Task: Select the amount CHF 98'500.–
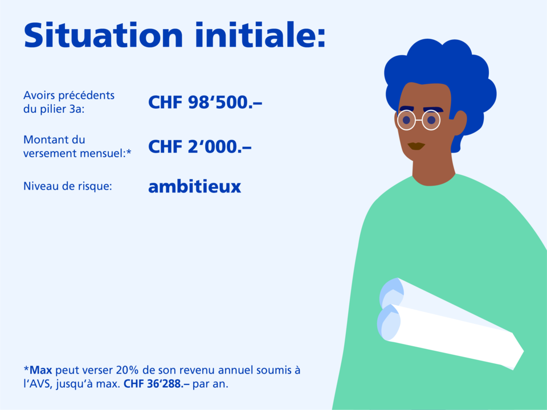205,102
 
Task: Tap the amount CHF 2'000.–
199,146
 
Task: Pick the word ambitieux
195,186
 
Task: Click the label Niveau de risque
68,186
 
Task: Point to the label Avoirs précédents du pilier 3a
69,102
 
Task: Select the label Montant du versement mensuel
75,146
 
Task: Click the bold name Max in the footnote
41,370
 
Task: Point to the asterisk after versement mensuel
129,151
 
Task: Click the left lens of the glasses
406,120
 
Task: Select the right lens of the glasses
431,120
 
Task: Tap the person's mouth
416,146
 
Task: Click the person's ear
459,123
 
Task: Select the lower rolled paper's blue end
389,322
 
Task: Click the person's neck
434,171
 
